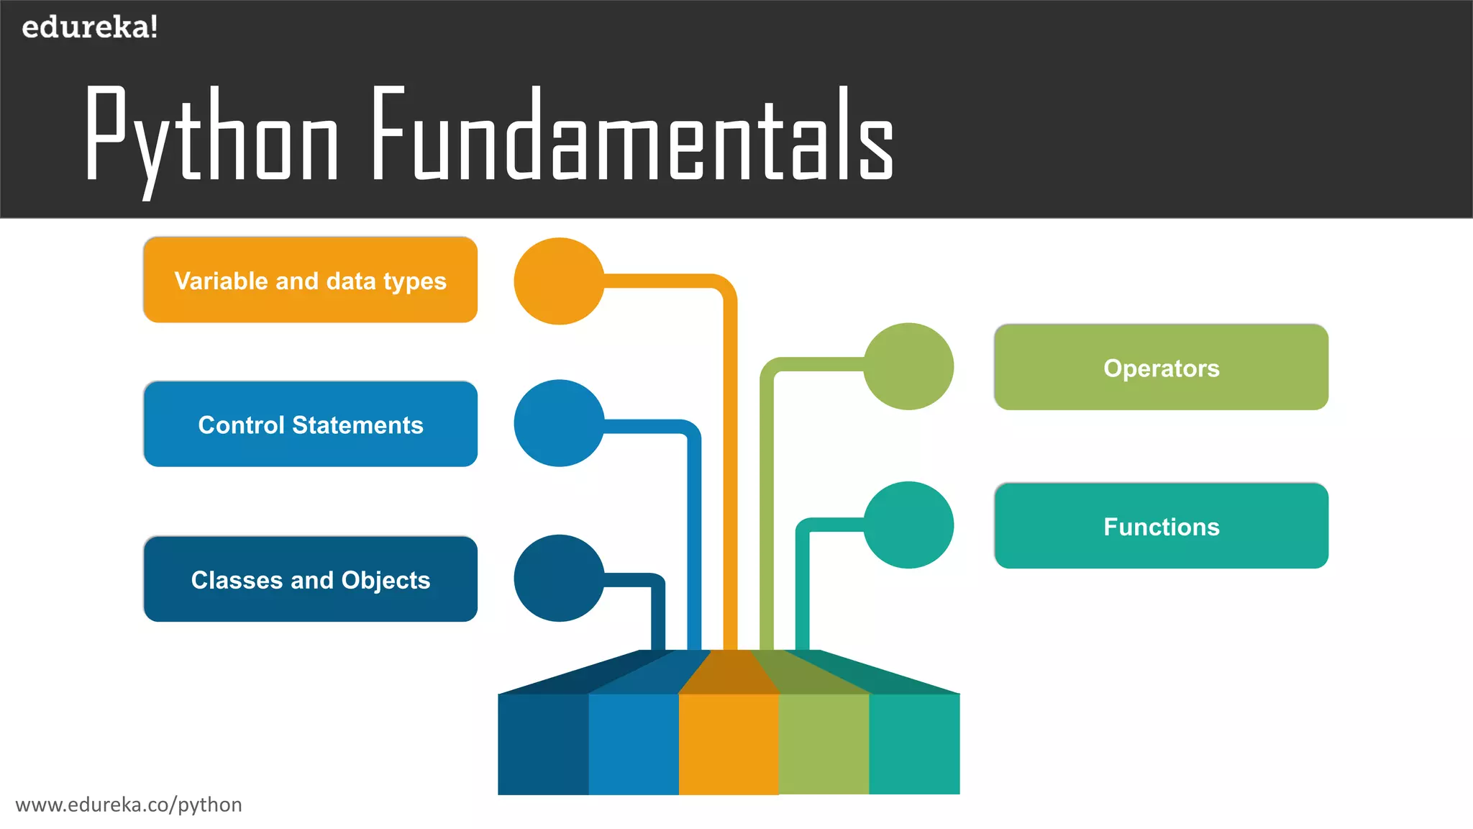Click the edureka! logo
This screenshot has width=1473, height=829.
[89, 27]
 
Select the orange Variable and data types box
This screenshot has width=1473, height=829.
[310, 280]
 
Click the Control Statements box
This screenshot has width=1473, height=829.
[310, 425]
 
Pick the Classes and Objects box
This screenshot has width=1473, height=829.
[310, 579]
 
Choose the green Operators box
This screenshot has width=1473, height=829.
[1161, 368]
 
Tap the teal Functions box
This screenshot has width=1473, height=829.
[1161, 526]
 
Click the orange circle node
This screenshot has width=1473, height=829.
[559, 281]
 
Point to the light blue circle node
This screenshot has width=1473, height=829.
[559, 423]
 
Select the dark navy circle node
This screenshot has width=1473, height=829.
[559, 578]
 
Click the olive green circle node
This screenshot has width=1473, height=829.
[908, 366]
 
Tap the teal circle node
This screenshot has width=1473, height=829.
[908, 525]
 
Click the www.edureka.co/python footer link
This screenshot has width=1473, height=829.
[129, 805]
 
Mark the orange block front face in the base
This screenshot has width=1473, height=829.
[729, 744]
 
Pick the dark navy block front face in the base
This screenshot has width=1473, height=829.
[543, 744]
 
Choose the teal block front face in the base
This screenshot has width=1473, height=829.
[914, 744]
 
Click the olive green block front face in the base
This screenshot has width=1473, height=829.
[824, 744]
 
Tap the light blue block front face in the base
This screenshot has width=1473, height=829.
[634, 744]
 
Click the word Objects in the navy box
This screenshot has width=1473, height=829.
[386, 580]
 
